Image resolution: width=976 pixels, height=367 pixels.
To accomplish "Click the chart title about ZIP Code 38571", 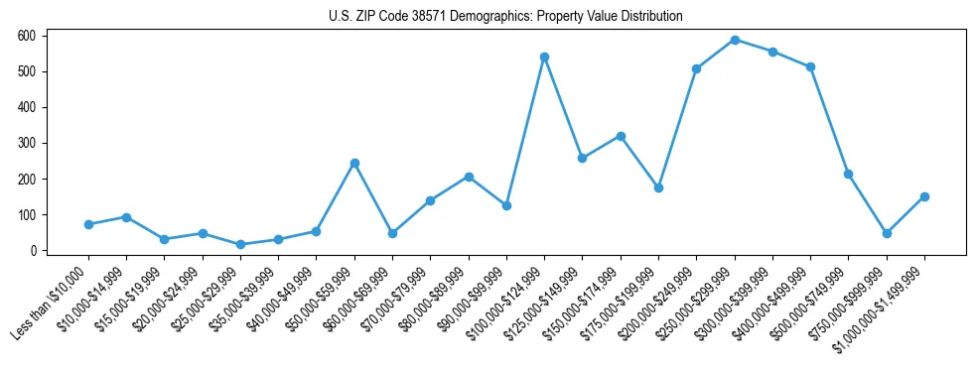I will [x=505, y=16].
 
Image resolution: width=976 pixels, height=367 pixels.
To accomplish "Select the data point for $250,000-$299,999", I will [x=735, y=40].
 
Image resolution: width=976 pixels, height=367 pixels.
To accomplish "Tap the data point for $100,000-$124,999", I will [x=544, y=57].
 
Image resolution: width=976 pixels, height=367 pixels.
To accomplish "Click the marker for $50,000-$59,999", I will [x=354, y=163].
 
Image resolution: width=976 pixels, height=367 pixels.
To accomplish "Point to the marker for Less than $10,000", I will [x=88, y=224].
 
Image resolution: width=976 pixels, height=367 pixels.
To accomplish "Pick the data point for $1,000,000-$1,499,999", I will [x=924, y=196].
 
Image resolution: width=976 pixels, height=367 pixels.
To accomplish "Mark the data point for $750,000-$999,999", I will [x=887, y=233].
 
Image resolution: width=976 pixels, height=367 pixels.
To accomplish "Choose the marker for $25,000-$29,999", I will [x=240, y=244].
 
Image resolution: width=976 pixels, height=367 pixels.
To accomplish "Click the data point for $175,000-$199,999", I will [x=658, y=187].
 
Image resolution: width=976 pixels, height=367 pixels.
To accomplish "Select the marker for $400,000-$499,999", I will [x=810, y=66].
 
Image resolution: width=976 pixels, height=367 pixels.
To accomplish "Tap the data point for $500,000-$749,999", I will [x=848, y=174].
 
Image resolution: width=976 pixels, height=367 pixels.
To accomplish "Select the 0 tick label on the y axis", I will [x=33, y=251].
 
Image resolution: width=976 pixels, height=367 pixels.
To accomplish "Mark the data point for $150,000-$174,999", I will [x=621, y=136].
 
